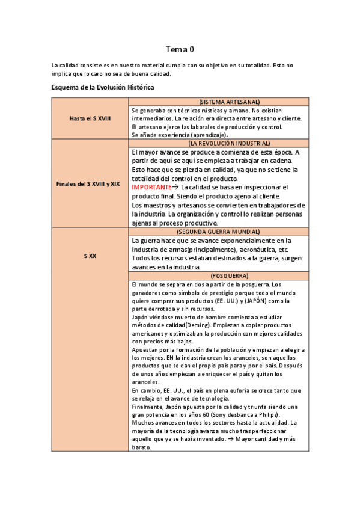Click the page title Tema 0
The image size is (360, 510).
pyautogui.click(x=180, y=49)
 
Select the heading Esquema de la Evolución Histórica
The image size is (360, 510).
pyautogui.click(x=103, y=87)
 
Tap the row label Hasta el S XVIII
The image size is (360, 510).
pyautogui.click(x=90, y=119)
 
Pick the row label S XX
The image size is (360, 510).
pyautogui.click(x=90, y=256)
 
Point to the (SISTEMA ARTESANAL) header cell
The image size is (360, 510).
pyautogui.click(x=220, y=102)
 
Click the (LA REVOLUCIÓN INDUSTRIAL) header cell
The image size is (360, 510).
pyautogui.click(x=220, y=144)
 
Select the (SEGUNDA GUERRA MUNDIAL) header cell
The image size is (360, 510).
pyautogui.click(x=220, y=232)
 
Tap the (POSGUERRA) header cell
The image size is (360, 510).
pyautogui.click(x=220, y=275)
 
